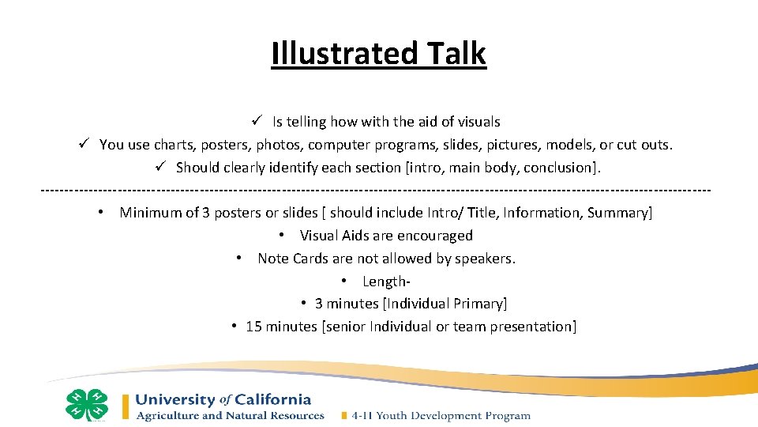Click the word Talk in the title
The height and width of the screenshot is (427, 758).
tap(456, 54)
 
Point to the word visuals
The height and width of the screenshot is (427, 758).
tap(476, 122)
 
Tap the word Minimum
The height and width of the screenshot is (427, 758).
tap(151, 213)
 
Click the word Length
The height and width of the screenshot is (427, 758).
tap(385, 282)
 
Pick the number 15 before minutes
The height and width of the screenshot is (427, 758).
tap(253, 327)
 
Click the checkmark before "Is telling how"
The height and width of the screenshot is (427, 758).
tap(257, 121)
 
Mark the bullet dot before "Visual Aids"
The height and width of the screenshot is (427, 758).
tap(282, 236)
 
